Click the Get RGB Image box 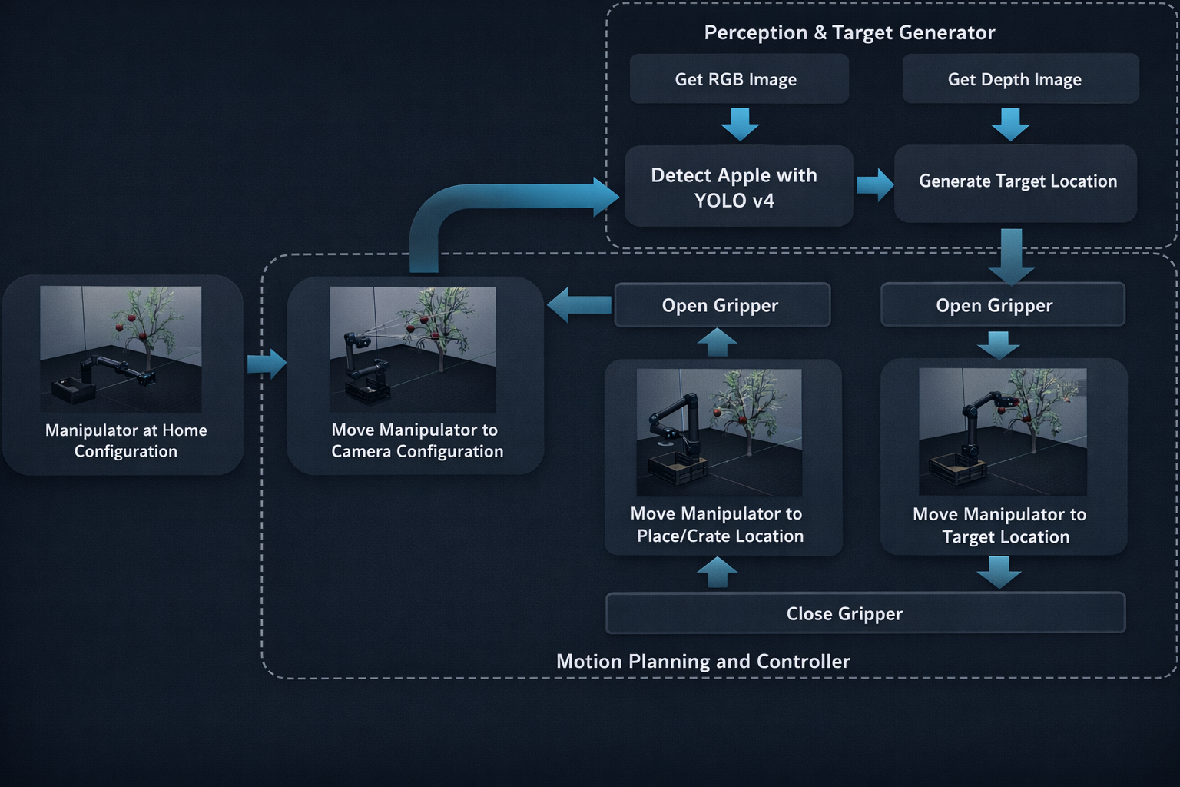coord(739,78)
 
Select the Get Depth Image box coord(1020,78)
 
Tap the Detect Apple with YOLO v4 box coord(738,186)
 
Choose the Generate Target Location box coord(1015,184)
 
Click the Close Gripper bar coord(866,613)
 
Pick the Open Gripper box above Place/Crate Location coord(722,304)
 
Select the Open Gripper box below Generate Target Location coord(1003,304)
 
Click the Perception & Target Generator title coord(849,33)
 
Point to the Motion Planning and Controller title coord(703,661)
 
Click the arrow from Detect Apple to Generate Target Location coord(874,185)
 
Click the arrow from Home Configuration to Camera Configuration coord(267,364)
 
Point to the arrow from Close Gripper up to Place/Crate coord(717,573)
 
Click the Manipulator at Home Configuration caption coord(126,440)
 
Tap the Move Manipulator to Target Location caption coord(999,525)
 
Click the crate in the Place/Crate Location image coord(678,469)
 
